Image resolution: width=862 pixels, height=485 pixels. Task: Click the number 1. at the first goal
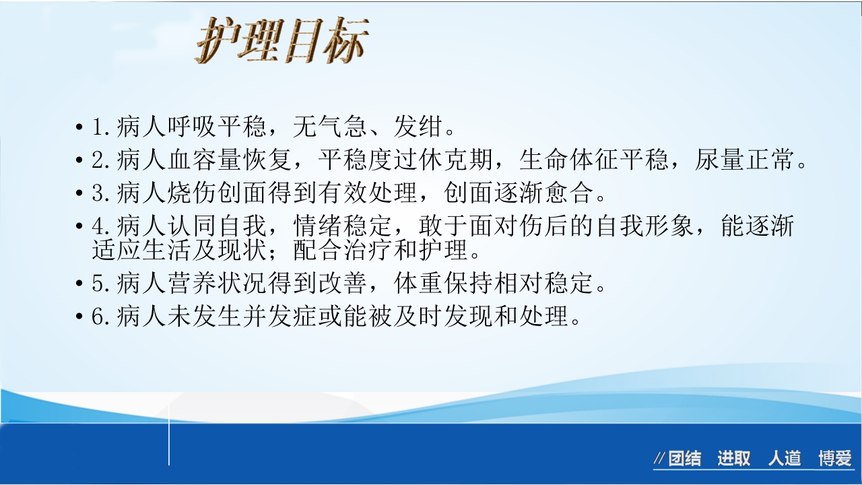coord(102,127)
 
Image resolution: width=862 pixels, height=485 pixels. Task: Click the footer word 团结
coord(684,459)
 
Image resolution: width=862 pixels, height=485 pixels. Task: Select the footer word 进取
coord(733,459)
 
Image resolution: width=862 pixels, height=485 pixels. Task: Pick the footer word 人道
coord(785,459)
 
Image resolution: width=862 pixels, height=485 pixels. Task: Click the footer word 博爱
coord(835,459)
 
